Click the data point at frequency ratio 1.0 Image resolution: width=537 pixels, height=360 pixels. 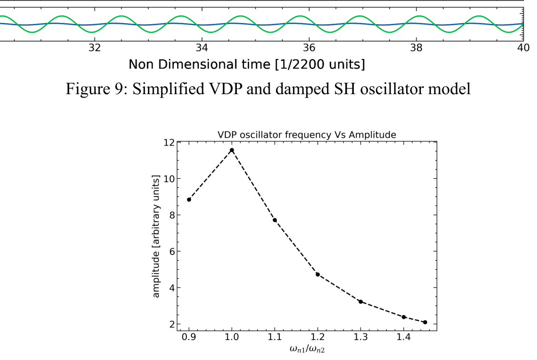click(x=232, y=150)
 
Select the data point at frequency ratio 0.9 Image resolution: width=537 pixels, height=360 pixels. click(x=189, y=199)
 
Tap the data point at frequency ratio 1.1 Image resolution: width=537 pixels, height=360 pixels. click(x=274, y=220)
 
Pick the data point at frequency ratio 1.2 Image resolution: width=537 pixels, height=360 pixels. click(x=318, y=274)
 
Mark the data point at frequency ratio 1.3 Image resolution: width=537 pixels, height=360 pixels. click(x=361, y=302)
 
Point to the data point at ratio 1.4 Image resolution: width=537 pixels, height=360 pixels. click(x=403, y=317)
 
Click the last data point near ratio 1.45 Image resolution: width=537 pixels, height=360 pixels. click(x=425, y=322)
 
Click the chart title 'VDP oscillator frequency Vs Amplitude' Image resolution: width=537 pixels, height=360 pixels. click(x=306, y=135)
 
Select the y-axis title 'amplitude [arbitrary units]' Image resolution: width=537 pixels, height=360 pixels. click(x=156, y=236)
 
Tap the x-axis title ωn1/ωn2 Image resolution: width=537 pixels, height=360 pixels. click(x=306, y=350)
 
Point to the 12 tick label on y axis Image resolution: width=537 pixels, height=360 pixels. click(x=168, y=142)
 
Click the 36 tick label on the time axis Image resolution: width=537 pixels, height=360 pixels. click(x=309, y=48)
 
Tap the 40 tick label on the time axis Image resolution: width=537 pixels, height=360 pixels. click(x=523, y=48)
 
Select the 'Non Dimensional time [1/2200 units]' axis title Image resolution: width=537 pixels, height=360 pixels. click(x=247, y=64)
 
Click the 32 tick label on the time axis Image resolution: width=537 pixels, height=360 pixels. click(x=95, y=48)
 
